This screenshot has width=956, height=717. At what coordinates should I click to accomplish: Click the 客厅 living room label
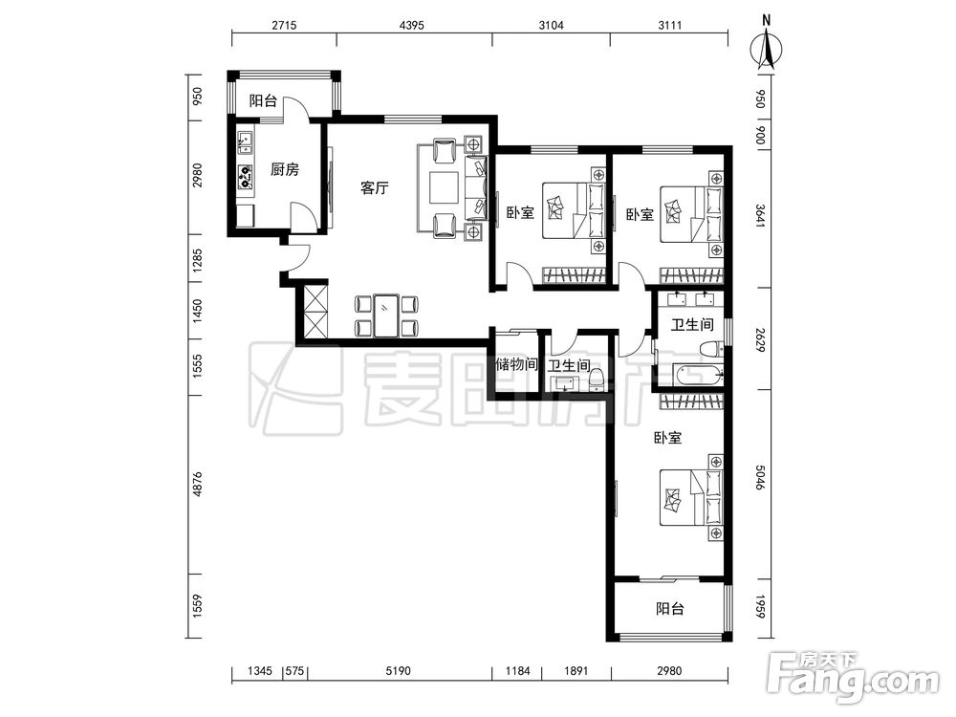[375, 187]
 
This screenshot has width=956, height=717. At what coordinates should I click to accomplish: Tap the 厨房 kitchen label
[285, 169]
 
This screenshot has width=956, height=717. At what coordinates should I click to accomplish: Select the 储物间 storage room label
[516, 364]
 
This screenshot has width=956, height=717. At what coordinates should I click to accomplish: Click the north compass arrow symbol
[767, 49]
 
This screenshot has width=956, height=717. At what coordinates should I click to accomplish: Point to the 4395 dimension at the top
[411, 25]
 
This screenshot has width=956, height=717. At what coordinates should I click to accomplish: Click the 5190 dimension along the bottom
[398, 671]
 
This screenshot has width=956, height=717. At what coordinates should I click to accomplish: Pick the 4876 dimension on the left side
[197, 484]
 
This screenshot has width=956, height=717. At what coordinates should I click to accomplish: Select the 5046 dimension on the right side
[760, 477]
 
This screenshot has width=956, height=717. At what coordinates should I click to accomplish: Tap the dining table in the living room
[386, 315]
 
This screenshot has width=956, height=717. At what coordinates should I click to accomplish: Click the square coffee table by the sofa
[444, 187]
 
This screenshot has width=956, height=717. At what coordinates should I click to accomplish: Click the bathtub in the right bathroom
[698, 375]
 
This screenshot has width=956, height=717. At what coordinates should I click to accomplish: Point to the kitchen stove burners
[245, 176]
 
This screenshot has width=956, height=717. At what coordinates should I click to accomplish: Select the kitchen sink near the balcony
[245, 142]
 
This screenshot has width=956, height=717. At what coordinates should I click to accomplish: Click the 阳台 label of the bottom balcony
[670, 608]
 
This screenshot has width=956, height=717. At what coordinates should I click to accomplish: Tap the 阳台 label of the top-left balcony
[263, 100]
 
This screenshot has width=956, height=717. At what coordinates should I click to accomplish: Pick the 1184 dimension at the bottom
[517, 671]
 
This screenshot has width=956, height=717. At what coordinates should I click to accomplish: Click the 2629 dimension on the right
[760, 340]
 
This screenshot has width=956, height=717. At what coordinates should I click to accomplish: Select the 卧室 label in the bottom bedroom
[667, 438]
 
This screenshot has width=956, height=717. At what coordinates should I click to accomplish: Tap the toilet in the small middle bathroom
[597, 380]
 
